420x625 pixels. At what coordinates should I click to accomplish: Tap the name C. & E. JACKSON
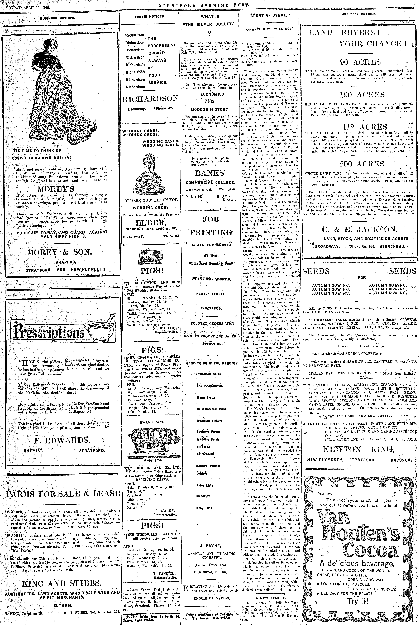(x=359, y=229)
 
